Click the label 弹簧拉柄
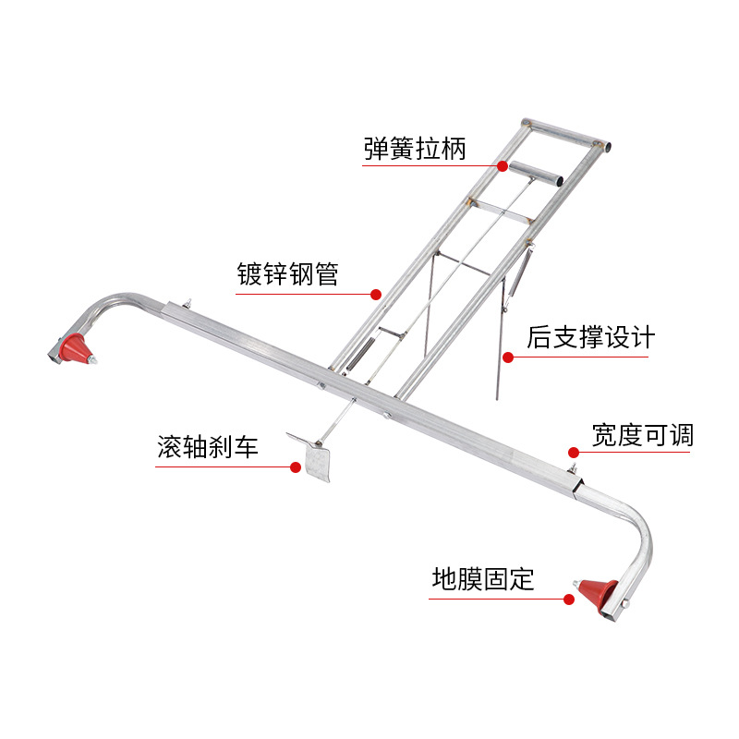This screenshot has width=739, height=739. click(415, 149)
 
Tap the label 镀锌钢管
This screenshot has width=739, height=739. click(287, 274)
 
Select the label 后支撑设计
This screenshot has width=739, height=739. click(590, 336)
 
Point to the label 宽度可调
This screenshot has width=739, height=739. click(642, 434)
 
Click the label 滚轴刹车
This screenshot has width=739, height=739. click(208, 449)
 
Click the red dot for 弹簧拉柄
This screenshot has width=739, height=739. click(503, 166)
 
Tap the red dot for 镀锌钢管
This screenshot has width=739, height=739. click(376, 295)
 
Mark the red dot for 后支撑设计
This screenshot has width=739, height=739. click(507, 356)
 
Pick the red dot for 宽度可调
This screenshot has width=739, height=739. click(573, 453)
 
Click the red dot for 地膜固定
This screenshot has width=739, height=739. click(569, 599)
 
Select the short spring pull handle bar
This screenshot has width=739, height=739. click(537, 173)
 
